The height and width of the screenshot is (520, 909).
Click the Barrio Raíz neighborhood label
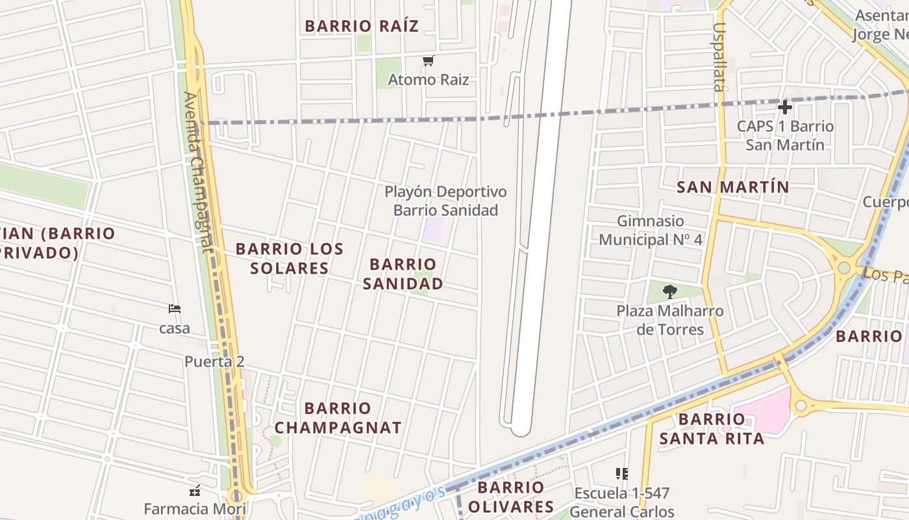point(362,26)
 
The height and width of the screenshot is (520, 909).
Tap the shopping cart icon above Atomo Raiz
point(428,61)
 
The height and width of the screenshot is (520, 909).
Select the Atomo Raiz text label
point(428,80)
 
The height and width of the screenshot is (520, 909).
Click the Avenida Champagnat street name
point(198,172)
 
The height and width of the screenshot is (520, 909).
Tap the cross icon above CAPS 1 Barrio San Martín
point(785,107)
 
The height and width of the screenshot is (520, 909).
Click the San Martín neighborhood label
point(733,187)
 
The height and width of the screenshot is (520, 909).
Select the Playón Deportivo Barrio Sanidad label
point(445,201)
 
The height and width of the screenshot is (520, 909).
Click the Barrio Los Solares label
point(290,258)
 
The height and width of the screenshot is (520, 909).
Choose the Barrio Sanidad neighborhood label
point(403,274)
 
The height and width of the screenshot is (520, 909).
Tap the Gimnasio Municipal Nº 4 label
point(651,231)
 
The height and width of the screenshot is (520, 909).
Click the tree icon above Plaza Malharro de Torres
point(670,292)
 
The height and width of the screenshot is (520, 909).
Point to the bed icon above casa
point(174,309)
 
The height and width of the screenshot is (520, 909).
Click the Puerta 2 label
point(214,361)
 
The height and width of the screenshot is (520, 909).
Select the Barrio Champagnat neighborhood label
point(338,418)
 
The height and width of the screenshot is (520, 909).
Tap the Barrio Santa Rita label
point(712,428)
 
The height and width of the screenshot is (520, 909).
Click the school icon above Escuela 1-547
point(621,474)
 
